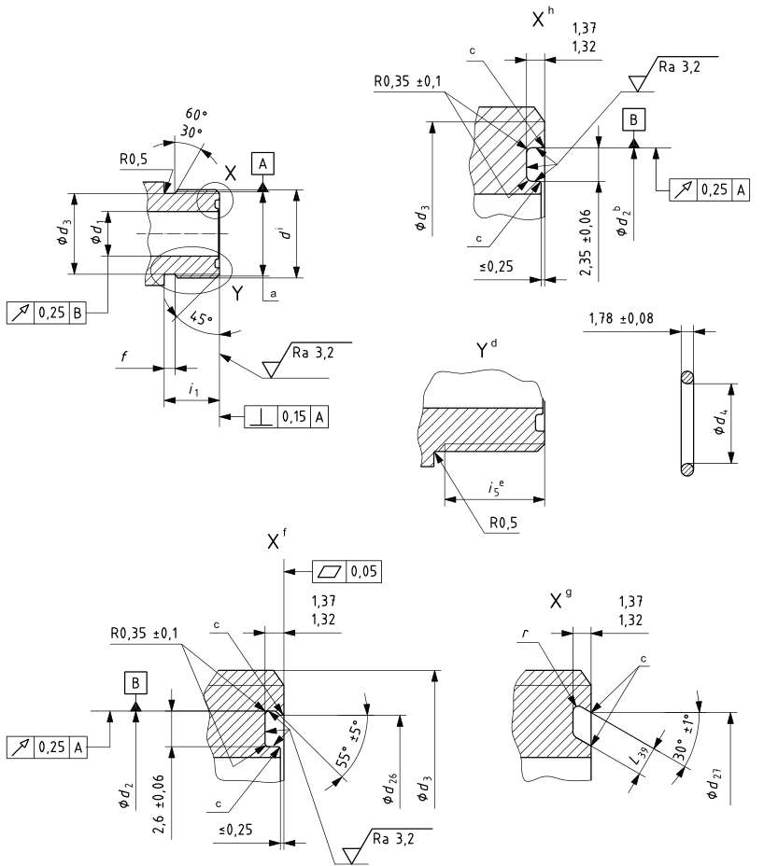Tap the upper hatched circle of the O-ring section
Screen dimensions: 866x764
coord(687,378)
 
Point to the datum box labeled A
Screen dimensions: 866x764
coord(263,164)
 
